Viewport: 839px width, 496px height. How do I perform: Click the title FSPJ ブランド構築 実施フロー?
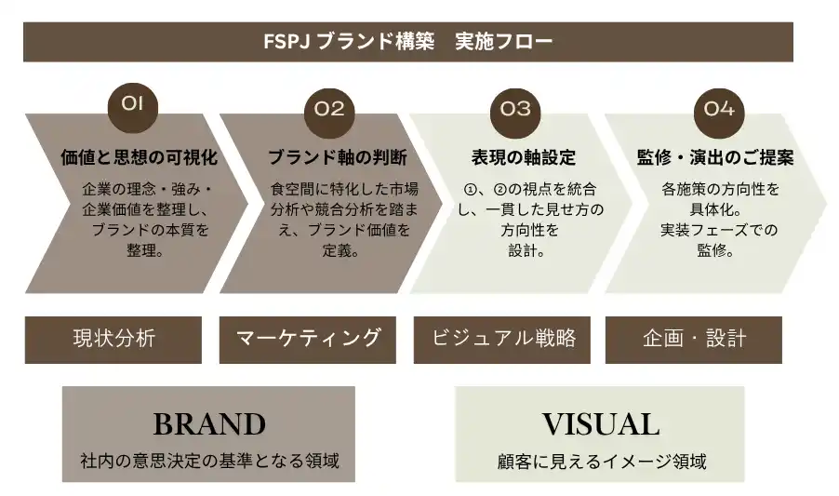coord(408,42)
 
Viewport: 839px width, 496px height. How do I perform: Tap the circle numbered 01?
coord(133,105)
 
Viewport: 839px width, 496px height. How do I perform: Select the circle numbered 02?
coord(329,109)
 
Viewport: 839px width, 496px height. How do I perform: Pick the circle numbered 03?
coord(514,109)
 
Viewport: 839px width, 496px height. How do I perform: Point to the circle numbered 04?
coord(719,109)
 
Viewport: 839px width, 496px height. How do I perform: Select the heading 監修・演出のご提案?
coord(715,157)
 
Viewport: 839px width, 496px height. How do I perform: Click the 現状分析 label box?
coord(113,339)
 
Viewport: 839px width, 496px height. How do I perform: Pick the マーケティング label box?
coord(308,339)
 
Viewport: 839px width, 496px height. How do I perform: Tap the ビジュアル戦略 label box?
coord(503,339)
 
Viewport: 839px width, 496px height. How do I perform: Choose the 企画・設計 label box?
coord(694,339)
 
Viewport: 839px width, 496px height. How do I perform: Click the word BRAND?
coord(209,424)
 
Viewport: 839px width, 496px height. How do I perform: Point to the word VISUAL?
coord(601,424)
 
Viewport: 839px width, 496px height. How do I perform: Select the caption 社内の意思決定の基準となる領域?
coord(209,460)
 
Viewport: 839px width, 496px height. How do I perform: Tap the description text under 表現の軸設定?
coord(526,220)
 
